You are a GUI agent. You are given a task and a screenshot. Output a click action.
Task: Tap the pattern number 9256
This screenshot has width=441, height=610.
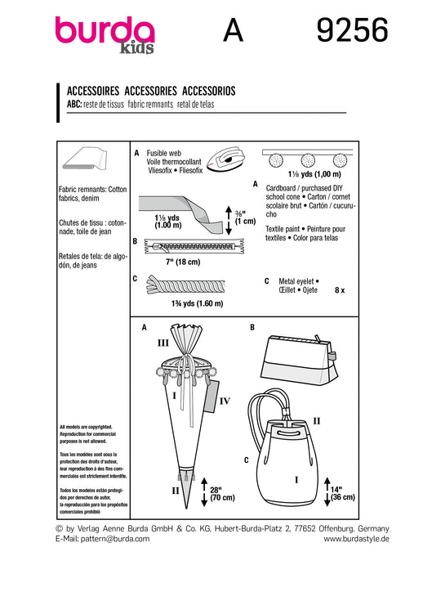pos(352,30)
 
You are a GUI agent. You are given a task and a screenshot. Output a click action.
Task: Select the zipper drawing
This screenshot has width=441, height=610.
pos(194,246)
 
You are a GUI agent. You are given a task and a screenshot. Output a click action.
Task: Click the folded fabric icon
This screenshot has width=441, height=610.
pos(85,159)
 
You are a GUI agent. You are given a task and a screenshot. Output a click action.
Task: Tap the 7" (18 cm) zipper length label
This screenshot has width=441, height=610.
pos(183,262)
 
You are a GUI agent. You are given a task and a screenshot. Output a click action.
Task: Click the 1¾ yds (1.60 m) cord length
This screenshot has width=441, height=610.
pos(197,303)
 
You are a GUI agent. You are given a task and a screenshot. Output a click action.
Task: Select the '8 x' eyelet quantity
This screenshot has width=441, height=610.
pos(340,290)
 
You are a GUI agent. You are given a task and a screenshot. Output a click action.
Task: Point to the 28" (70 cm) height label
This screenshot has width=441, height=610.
pos(222,494)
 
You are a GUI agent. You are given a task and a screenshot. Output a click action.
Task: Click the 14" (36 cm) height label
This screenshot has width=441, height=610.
pos(342,494)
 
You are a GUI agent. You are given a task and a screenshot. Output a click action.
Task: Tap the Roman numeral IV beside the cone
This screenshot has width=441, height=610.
pos(225,401)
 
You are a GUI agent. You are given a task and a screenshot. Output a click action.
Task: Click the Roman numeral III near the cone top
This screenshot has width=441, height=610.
pos(163,343)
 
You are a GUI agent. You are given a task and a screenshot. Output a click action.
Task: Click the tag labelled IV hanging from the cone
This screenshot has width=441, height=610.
pos(212,396)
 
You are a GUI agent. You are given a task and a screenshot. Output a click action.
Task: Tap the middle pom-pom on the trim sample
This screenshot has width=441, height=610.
pos(308,160)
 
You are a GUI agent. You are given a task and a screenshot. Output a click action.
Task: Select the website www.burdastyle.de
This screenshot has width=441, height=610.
pos(356,539)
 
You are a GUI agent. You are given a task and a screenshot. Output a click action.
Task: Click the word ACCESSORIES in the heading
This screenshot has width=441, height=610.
pos(151,91)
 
